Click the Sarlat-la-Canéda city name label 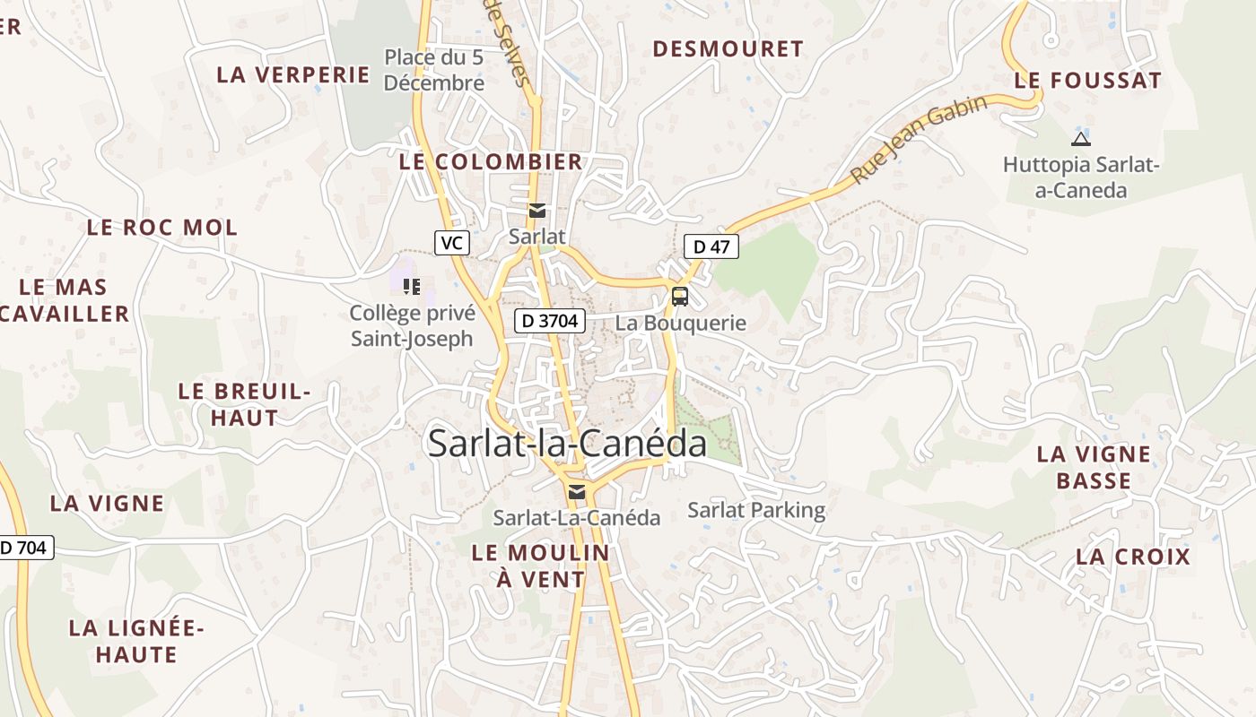pyautogui.click(x=567, y=444)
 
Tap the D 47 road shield pyautogui.click(x=711, y=246)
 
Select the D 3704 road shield pyautogui.click(x=550, y=321)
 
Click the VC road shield pyautogui.click(x=452, y=242)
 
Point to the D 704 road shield pyautogui.click(x=25, y=548)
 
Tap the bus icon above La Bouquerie pyautogui.click(x=680, y=297)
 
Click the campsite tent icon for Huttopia pyautogui.click(x=1081, y=138)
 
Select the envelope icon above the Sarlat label pyautogui.click(x=536, y=212)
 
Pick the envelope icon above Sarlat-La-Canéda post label pyautogui.click(x=576, y=491)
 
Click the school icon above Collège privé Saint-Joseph pyautogui.click(x=412, y=286)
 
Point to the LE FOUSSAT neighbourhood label pyautogui.click(x=1087, y=81)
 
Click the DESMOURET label pyautogui.click(x=728, y=49)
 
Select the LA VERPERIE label pyautogui.click(x=293, y=74)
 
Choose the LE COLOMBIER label pyautogui.click(x=491, y=162)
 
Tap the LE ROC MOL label pyautogui.click(x=162, y=228)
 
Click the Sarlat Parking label pyautogui.click(x=756, y=511)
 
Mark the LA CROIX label pyautogui.click(x=1133, y=557)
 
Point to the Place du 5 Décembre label pyautogui.click(x=434, y=70)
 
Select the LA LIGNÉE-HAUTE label pyautogui.click(x=136, y=641)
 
